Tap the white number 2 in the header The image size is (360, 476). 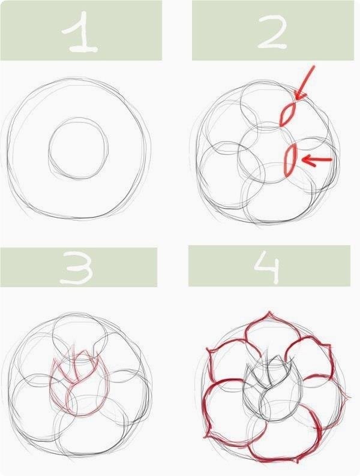point(272,31)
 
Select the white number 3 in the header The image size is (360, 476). point(76,268)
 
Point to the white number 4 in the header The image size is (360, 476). point(267,268)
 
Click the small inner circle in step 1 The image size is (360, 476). point(49,149)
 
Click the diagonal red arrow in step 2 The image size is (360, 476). point(305,83)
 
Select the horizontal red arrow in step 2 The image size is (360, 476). point(317,159)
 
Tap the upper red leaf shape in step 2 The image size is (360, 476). point(287,114)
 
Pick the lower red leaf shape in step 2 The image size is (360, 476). point(290,159)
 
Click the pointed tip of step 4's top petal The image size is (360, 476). point(269,312)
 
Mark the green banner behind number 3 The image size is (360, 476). point(79,267)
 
